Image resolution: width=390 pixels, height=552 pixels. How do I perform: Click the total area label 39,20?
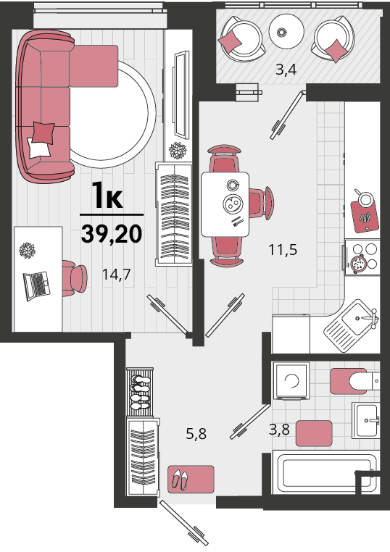(112, 234)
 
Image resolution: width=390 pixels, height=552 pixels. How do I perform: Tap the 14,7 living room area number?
(116, 275)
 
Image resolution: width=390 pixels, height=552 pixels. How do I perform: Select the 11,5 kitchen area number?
(283, 250)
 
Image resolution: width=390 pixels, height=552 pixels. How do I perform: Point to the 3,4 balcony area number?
(286, 70)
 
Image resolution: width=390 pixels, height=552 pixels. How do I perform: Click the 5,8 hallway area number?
(196, 434)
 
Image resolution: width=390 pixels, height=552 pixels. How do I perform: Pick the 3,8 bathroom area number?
(279, 430)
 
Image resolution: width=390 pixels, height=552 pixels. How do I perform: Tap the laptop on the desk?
(36, 285)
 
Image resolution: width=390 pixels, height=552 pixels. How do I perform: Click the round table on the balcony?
(286, 31)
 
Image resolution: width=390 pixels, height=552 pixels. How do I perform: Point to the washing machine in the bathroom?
(291, 380)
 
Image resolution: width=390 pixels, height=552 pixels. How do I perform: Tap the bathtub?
(324, 474)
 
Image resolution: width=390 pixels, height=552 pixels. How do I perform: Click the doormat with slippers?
(191, 479)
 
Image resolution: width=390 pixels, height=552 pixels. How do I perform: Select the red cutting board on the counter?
(365, 216)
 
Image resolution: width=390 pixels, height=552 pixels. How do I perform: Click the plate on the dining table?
(233, 203)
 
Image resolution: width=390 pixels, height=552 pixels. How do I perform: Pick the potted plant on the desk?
(27, 251)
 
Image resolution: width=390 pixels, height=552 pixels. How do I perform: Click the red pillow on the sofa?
(43, 133)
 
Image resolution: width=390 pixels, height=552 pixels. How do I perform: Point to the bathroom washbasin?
(366, 421)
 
